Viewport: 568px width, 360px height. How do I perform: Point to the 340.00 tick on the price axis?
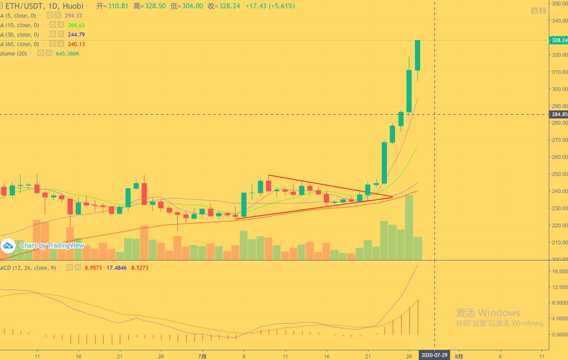coord(558,21)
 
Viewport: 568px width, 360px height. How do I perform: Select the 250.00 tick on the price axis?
coord(558,174)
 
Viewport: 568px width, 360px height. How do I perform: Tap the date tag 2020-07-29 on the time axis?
coord(434,356)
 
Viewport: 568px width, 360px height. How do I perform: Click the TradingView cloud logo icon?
coord(8,246)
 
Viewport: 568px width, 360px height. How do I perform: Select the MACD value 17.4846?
coord(117,268)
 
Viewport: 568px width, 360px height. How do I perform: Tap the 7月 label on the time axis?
coord(202,356)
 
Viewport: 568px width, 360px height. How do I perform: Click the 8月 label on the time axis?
coord(459,356)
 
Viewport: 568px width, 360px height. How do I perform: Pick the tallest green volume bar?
coord(409,227)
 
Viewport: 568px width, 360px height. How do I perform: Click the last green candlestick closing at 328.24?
coord(418,55)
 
